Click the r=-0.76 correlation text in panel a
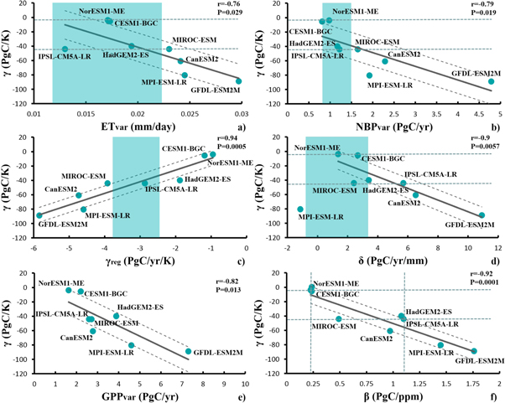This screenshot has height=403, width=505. tap(229, 5)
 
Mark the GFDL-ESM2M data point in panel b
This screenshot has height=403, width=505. tap(491, 81)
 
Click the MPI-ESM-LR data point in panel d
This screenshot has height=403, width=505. tap(299, 209)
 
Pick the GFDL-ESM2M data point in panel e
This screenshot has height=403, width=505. tap(188, 352)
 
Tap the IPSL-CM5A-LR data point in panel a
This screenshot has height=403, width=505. tap(65, 49)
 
